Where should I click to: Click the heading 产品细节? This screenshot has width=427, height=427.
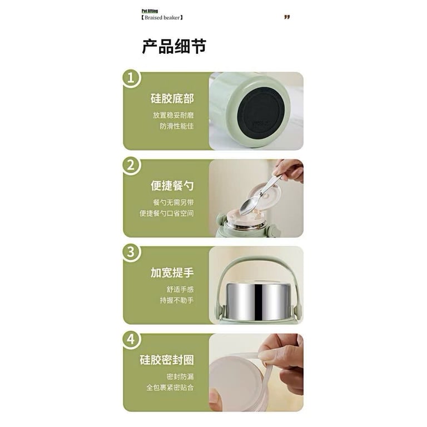point(174,47)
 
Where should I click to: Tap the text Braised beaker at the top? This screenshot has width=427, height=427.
point(162,17)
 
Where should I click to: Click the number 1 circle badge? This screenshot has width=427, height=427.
point(131,78)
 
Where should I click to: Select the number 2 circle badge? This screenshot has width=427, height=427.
point(131,166)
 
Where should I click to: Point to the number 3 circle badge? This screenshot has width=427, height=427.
point(131,252)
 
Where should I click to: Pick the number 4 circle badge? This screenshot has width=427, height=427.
point(131,339)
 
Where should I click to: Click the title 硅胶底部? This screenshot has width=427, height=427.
point(172,98)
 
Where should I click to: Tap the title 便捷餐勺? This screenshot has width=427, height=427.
point(172,186)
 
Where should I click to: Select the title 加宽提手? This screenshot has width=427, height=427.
point(172,272)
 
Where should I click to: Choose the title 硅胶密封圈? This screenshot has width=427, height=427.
point(167,360)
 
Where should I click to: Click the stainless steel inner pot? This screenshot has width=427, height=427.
point(257,301)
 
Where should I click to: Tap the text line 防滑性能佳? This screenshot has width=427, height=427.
point(176,126)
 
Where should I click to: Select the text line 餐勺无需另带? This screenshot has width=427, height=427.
point(173,202)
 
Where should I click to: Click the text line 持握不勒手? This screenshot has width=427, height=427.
point(176,300)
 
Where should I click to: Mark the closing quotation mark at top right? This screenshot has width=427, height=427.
point(287,17)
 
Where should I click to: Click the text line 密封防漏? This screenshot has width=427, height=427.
point(180,376)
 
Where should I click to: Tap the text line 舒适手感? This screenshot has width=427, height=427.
point(180,289)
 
